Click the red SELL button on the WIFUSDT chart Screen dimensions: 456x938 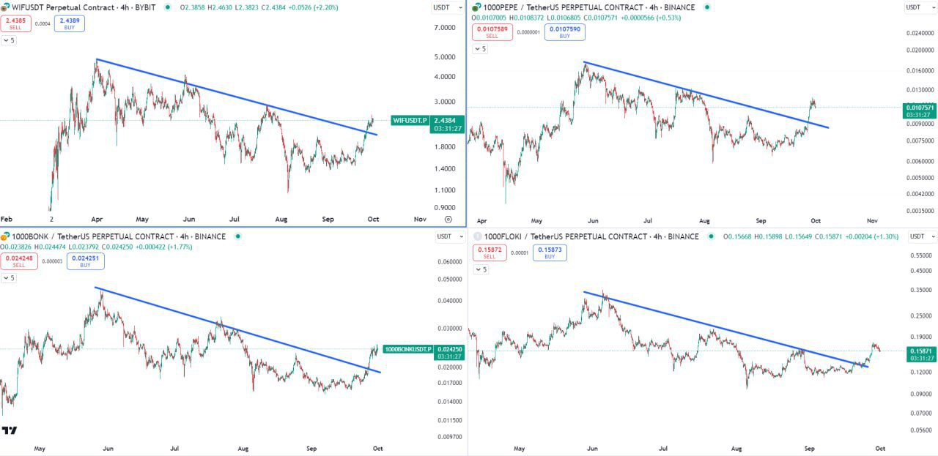pyautogui.click(x=16, y=23)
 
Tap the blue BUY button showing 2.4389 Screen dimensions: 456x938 pyautogui.click(x=69, y=23)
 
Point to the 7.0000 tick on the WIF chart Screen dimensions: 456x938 pyautogui.click(x=445, y=28)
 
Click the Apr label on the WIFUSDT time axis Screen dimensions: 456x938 pyautogui.click(x=97, y=219)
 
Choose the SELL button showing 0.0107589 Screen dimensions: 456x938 pyautogui.click(x=492, y=32)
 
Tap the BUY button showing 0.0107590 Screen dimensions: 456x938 pyautogui.click(x=564, y=32)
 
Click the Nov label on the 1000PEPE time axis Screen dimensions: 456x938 pyautogui.click(x=873, y=220)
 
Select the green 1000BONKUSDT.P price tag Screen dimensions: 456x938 pyautogui.click(x=407, y=349)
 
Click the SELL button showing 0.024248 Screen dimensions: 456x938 pyautogui.click(x=19, y=261)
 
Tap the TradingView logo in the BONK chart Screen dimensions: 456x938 pyautogui.click(x=10, y=430)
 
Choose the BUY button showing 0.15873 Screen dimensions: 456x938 pyautogui.click(x=550, y=253)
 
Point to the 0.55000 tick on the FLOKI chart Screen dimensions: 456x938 pyautogui.click(x=920, y=255)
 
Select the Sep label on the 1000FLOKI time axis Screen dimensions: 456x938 pyautogui.click(x=809, y=448)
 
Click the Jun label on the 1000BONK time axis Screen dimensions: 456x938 pyautogui.click(x=108, y=448)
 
